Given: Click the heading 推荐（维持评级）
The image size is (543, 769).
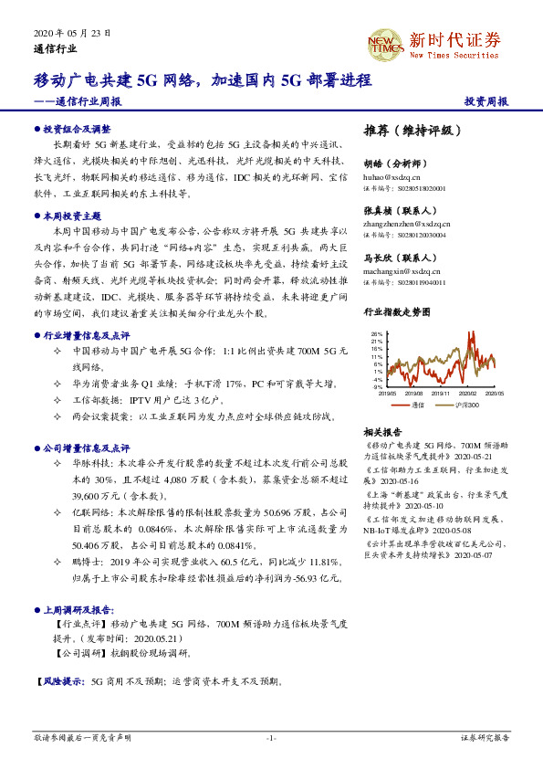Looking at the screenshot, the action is (406, 130).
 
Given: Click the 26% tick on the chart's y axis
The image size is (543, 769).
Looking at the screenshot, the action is (377, 334).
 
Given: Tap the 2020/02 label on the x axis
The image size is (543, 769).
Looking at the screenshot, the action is (469, 394).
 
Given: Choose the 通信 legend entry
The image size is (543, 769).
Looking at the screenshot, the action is (419, 404).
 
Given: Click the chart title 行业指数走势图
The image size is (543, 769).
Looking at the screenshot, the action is (396, 312).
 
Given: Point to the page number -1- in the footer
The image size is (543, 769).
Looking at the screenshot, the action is (271, 737).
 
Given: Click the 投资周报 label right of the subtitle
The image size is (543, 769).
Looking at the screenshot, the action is (486, 102).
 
